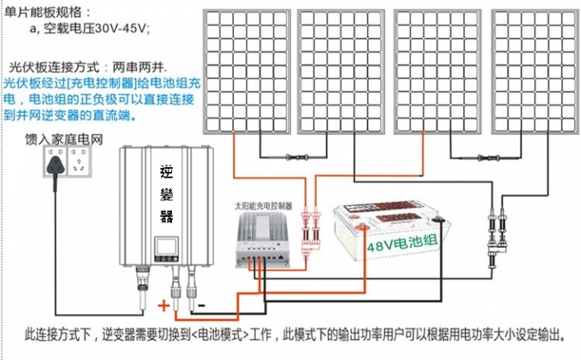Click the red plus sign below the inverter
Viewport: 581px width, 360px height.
click(x=164, y=305)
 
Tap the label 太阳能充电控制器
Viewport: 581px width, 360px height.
click(x=262, y=206)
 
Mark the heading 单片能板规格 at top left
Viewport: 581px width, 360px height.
click(x=48, y=12)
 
